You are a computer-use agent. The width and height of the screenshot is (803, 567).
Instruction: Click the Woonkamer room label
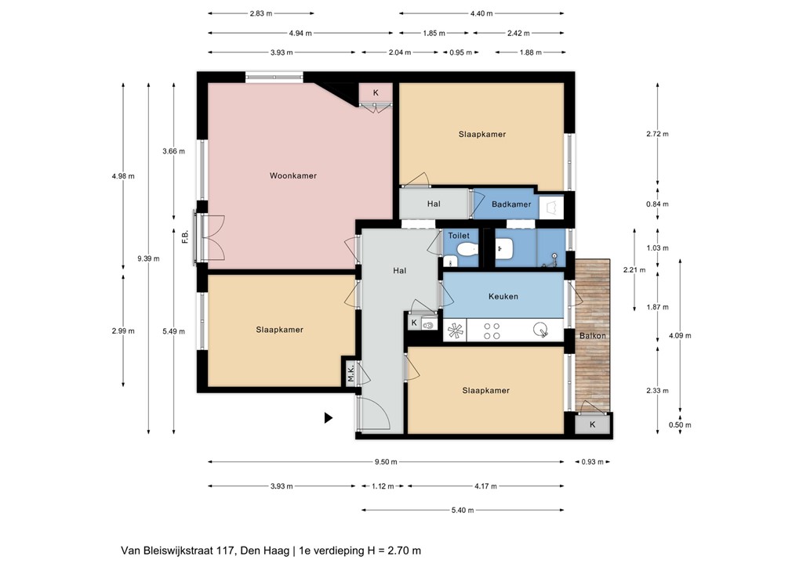(292, 176)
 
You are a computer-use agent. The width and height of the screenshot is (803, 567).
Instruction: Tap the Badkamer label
(511, 204)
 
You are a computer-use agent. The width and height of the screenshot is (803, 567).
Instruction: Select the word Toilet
(458, 235)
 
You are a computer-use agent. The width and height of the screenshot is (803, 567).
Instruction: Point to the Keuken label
(503, 297)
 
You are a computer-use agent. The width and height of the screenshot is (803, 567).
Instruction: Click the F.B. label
(185, 237)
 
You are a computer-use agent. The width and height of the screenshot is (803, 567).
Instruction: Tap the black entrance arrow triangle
(329, 418)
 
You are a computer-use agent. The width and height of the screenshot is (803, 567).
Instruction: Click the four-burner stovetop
(492, 331)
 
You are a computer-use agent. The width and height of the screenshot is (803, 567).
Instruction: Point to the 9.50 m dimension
(387, 462)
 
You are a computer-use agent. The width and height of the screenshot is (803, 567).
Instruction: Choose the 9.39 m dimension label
(148, 258)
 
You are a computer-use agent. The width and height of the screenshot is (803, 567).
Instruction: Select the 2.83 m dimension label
(261, 13)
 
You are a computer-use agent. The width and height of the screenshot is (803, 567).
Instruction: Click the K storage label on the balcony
(592, 424)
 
